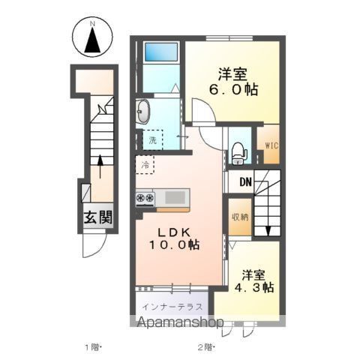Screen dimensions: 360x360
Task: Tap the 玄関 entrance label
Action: coord(97,217)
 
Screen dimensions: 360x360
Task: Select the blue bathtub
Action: coord(161,52)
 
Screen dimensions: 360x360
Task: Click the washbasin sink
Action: coord(143,112)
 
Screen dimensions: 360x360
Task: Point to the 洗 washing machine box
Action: coord(152,140)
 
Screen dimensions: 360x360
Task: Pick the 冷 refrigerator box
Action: coord(145,165)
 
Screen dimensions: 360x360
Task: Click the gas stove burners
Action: coord(145,198)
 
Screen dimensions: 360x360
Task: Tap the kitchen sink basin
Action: coord(175,197)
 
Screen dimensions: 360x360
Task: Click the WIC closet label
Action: coord(272,145)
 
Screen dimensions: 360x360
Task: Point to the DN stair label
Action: coord(246,181)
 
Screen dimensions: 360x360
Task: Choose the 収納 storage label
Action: coord(241,217)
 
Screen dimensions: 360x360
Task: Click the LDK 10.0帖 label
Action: coord(174,239)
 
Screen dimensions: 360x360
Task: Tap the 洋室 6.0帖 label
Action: coord(233,82)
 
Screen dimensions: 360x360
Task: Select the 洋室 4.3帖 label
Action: coord(253,281)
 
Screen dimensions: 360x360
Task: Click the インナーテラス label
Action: coord(172,307)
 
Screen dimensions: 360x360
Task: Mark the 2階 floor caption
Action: coord(206,347)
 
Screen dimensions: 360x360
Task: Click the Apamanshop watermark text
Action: coord(181,323)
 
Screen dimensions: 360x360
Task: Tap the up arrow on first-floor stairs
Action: coord(100,166)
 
